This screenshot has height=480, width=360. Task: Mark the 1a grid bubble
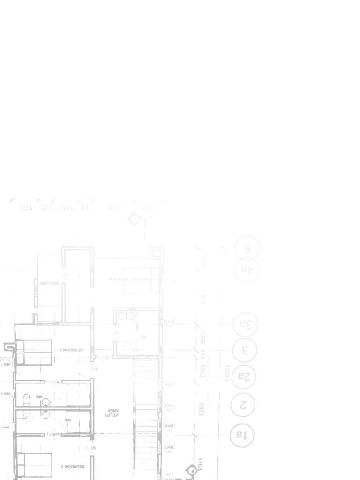(x=242, y=435)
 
